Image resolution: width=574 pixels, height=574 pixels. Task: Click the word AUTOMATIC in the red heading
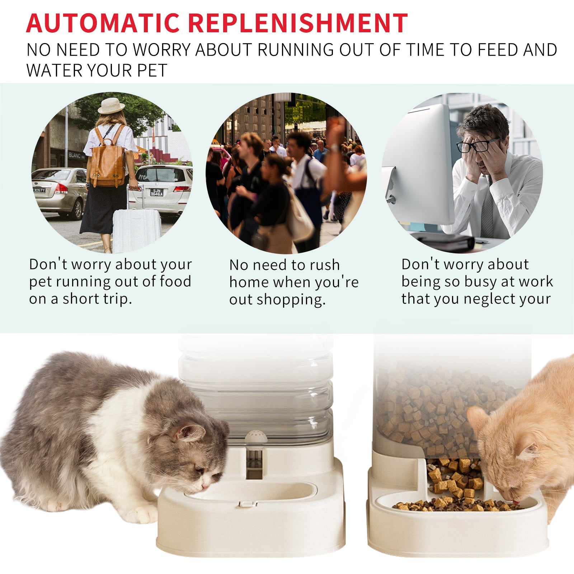(103, 23)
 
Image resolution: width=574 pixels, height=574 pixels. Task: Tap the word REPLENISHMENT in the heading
(298, 23)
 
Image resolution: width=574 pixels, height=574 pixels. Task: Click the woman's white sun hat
(111, 106)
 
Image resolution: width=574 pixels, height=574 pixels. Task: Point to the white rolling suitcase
(136, 230)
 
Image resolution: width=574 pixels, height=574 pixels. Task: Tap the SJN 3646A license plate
(156, 192)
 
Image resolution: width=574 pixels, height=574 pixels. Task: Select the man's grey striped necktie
(487, 212)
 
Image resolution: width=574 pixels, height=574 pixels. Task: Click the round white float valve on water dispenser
(256, 438)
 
